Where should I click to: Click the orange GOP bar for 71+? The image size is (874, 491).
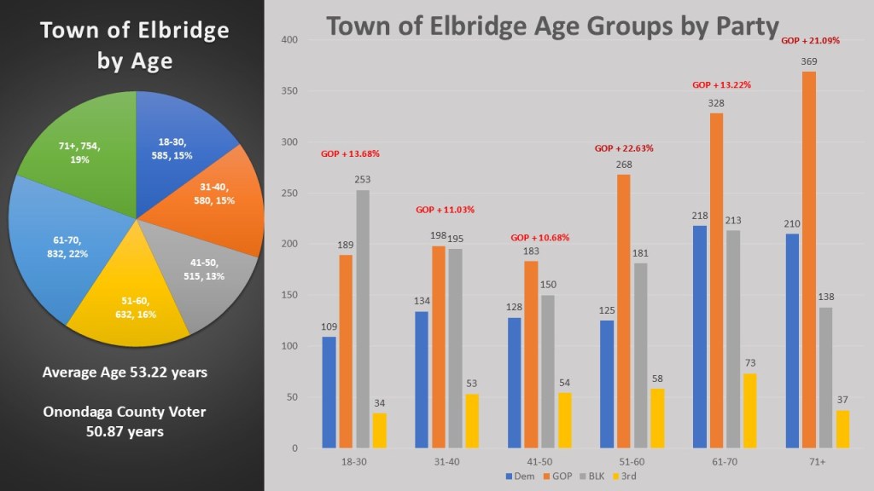pos(808,260)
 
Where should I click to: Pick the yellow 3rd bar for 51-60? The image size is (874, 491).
pos(656,419)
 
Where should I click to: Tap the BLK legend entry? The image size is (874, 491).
pos(591,476)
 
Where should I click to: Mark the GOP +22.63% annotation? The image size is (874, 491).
pos(624,148)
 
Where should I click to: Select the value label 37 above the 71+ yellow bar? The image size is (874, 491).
pos(843,401)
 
